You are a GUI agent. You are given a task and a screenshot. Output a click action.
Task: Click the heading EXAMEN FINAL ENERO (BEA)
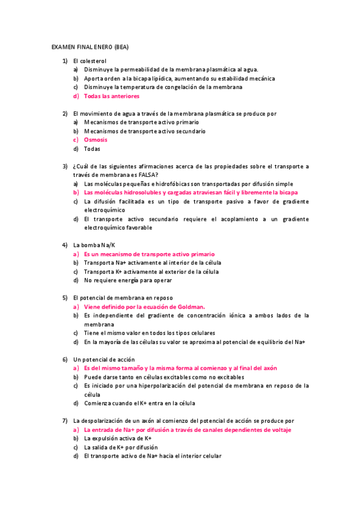(x=90, y=47)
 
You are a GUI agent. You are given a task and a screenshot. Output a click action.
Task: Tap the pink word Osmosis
(x=96, y=140)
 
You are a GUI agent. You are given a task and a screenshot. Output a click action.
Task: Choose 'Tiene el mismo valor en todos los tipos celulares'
(x=150, y=333)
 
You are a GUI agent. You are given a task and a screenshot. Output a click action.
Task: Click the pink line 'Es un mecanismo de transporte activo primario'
(x=149, y=254)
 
